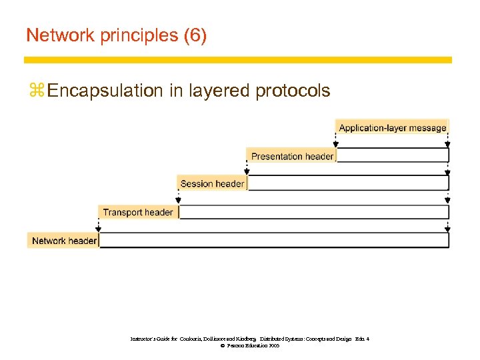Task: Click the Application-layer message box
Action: [392, 127]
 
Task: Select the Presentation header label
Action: [292, 156]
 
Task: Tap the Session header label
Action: [212, 183]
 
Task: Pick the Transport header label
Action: [138, 212]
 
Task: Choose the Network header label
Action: [64, 241]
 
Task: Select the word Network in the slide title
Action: [58, 35]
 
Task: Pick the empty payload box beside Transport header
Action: [313, 212]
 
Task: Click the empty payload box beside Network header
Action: [274, 241]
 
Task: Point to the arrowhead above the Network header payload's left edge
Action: [99, 227]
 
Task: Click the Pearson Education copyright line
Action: [251, 346]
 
